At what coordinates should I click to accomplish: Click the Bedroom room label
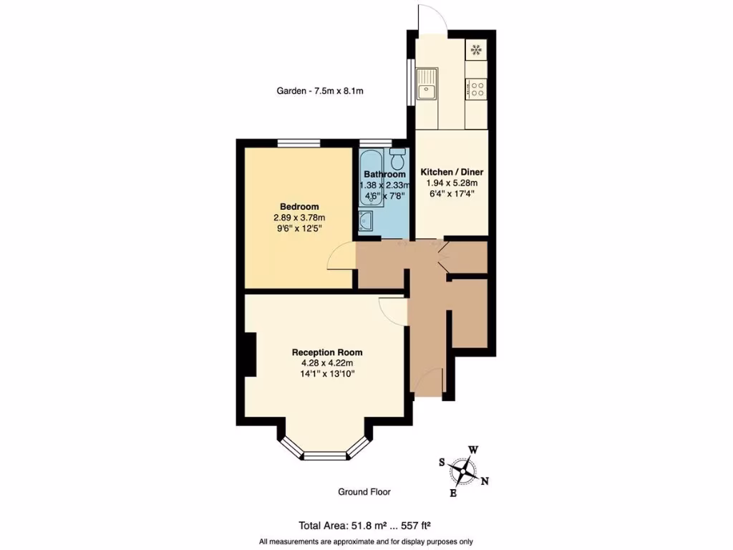[298, 207]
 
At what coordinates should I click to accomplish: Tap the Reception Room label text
[326, 352]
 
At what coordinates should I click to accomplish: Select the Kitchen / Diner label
[451, 173]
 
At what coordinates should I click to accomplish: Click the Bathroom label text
[384, 174]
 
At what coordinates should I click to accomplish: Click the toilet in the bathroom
[398, 156]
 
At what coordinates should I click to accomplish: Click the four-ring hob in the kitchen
[476, 89]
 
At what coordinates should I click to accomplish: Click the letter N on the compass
[485, 481]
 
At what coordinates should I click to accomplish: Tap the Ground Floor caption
[364, 492]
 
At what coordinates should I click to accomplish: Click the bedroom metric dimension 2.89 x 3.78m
[298, 218]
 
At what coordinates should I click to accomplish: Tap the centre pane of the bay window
[326, 454]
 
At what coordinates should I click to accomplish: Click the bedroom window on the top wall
[298, 143]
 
